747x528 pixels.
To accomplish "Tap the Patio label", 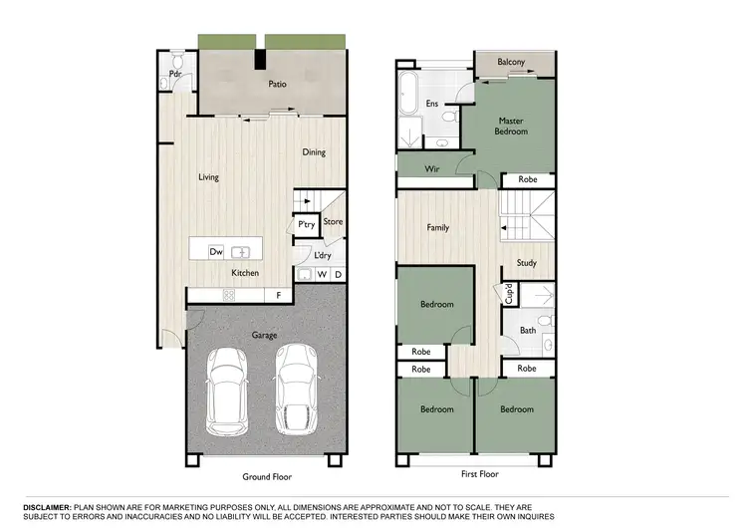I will [278, 85].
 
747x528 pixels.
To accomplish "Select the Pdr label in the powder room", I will [174, 74].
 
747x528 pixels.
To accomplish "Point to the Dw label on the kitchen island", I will [215, 252].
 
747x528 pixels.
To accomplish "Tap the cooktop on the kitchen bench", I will [228, 294].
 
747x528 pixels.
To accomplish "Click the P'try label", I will [306, 225].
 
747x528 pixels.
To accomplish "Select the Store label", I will [333, 221].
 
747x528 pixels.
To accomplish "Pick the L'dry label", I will [322, 255].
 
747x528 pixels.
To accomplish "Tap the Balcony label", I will [511, 62].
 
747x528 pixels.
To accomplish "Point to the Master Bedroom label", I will [511, 126].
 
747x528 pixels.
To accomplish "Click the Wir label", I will [432, 169].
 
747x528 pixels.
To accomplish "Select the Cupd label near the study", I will [508, 294].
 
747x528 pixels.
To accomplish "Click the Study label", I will [527, 263].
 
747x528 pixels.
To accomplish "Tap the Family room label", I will [437, 227].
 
